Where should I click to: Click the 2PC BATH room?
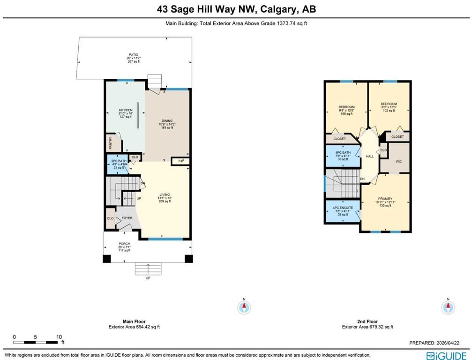(x=115, y=164)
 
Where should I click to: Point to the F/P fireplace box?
(x=180, y=161)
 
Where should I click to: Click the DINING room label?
(x=167, y=121)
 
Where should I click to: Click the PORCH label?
(x=124, y=244)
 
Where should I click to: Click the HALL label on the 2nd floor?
(x=370, y=156)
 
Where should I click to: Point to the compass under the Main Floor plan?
(x=244, y=307)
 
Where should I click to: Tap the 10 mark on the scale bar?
(x=59, y=337)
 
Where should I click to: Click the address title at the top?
(x=236, y=9)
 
